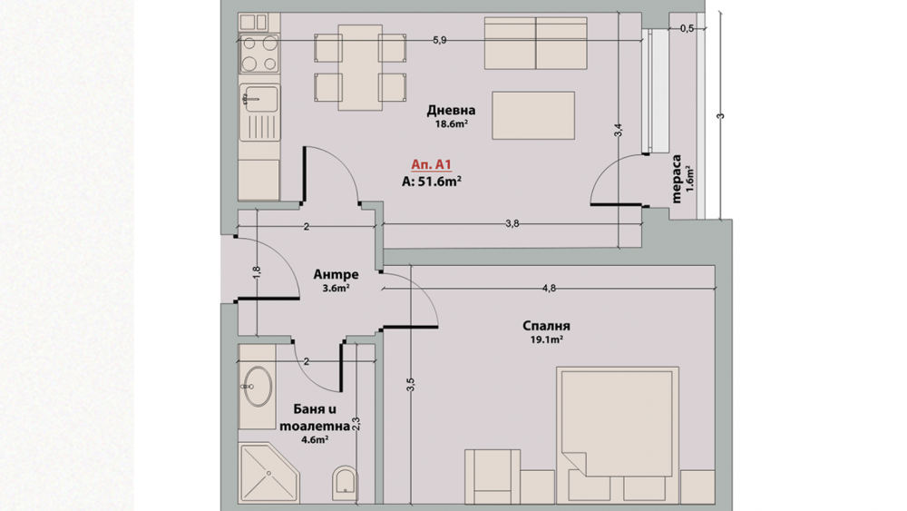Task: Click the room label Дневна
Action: [x=451, y=110]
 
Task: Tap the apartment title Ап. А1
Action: [x=431, y=165]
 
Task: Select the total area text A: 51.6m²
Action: [x=431, y=182]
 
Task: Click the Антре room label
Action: [x=336, y=274]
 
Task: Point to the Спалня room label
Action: [x=546, y=327]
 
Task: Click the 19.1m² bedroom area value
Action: [x=547, y=340]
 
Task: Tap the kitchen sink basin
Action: [x=259, y=98]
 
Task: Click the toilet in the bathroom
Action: [x=346, y=481]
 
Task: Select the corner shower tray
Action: [x=269, y=473]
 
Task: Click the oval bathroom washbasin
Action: [x=258, y=386]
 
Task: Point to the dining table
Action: [x=360, y=67]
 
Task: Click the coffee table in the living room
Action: [x=533, y=115]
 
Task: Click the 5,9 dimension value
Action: [x=440, y=41]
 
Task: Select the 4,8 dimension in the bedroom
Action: [x=549, y=289]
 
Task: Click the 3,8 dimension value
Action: [x=512, y=224]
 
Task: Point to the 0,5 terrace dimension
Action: [x=687, y=29]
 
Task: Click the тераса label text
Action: [x=677, y=179]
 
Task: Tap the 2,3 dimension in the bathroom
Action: [x=356, y=424]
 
